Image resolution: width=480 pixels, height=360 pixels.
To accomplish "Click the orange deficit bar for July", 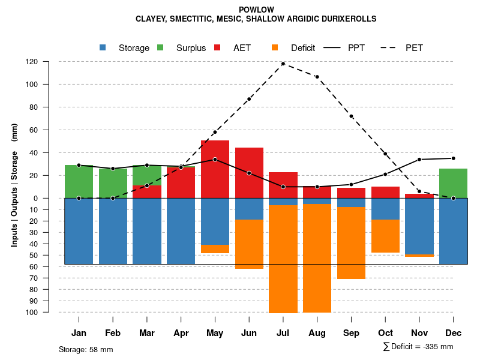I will pyautogui.click(x=283, y=259).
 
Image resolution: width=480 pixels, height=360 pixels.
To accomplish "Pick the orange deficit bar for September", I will pyautogui.click(x=351, y=243).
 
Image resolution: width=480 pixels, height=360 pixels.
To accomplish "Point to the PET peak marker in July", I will pyautogui.click(x=283, y=64).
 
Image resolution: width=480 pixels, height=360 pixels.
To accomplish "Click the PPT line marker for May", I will pyautogui.click(x=215, y=160).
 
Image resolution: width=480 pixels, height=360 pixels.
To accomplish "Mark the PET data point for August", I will pyautogui.click(x=317, y=77).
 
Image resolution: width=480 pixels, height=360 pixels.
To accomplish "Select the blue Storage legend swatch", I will pyautogui.click(x=103, y=47).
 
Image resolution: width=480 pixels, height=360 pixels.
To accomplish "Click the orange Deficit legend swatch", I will pyautogui.click(x=275, y=47).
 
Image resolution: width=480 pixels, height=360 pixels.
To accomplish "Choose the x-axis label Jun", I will pyautogui.click(x=249, y=333).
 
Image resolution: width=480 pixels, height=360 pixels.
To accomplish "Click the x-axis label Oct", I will pyautogui.click(x=385, y=333).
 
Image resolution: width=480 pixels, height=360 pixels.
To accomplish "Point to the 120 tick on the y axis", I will pyautogui.click(x=49, y=62).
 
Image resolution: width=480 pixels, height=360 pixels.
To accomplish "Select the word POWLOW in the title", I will pyautogui.click(x=256, y=10).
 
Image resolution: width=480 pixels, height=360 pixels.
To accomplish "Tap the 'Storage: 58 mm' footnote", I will pyautogui.click(x=86, y=349).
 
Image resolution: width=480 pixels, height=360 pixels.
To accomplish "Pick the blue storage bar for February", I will pyautogui.click(x=113, y=231).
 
